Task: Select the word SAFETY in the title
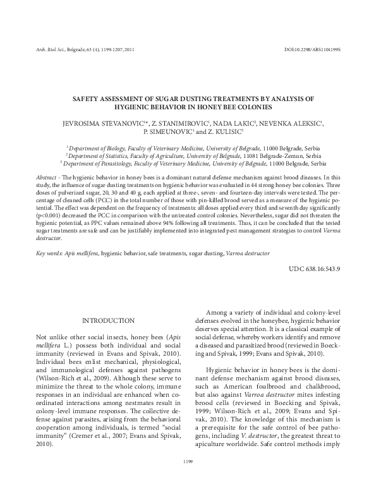(x=88, y=100)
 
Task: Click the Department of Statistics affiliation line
(x=188, y=155)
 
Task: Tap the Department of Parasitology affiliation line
(x=188, y=163)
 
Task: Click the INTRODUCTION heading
(x=108, y=321)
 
